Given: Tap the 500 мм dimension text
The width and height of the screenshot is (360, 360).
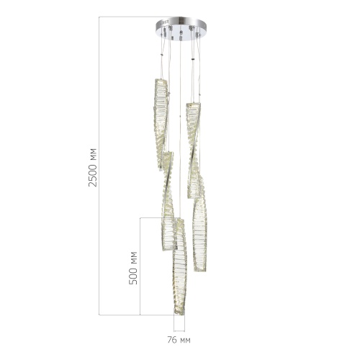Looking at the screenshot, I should tap(132, 267).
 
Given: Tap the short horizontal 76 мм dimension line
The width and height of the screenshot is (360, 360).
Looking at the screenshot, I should tap(179, 326).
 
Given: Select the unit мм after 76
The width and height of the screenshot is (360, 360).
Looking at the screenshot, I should tap(186, 339).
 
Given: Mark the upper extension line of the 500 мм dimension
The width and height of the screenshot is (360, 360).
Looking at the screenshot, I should tap(155, 219).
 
